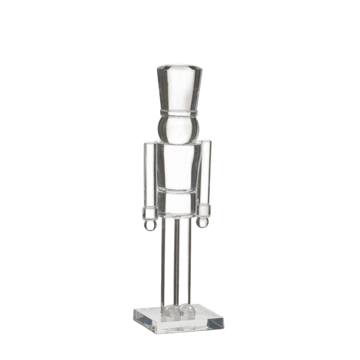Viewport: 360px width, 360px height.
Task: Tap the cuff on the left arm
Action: pos(149,213)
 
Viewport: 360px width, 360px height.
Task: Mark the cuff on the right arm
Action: pos(203,210)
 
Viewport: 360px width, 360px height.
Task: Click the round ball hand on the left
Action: pos(149,225)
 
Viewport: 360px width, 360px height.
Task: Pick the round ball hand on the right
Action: pos(202,222)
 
